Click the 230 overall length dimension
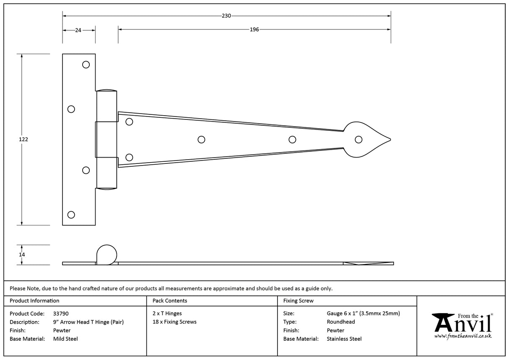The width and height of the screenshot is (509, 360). click(x=226, y=16)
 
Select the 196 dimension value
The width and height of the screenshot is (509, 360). click(x=254, y=29)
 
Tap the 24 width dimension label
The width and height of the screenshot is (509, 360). click(x=78, y=30)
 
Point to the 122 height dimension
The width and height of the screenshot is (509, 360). click(x=23, y=139)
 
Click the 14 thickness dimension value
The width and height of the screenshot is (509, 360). click(x=22, y=254)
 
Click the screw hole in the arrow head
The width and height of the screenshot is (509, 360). click(x=358, y=140)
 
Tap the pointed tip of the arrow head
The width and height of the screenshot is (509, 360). click(x=390, y=140)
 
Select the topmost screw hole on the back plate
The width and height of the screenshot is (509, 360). click(x=86, y=65)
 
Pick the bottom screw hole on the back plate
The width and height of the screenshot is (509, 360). click(x=71, y=215)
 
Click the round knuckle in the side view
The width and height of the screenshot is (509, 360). click(x=106, y=255)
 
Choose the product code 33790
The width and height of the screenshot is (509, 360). click(x=61, y=313)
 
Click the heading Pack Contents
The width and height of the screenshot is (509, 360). click(x=170, y=300)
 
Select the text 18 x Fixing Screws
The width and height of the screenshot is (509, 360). click(x=174, y=322)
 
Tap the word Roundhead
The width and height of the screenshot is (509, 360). click(x=340, y=322)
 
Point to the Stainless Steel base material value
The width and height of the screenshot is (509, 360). click(x=344, y=339)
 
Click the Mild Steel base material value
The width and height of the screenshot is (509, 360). click(x=65, y=339)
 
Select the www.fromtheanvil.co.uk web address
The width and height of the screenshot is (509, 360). click(x=462, y=336)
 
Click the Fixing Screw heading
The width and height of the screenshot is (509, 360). click(x=298, y=300)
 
